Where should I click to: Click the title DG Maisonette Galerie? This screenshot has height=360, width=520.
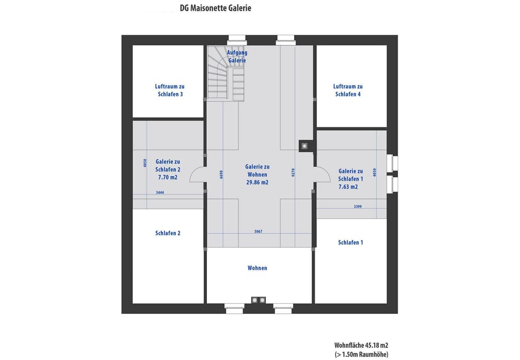pyautogui.click(x=216, y=8)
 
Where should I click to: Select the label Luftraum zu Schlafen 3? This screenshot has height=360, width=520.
pyautogui.click(x=170, y=90)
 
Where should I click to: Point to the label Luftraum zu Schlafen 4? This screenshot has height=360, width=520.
pyautogui.click(x=348, y=90)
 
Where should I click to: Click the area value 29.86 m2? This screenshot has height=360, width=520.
pyautogui.click(x=257, y=183)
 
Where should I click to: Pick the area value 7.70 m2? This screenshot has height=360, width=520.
pyautogui.click(x=167, y=177)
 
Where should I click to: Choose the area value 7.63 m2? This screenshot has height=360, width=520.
pyautogui.click(x=348, y=187)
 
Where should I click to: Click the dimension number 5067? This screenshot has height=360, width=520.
pyautogui.click(x=258, y=232)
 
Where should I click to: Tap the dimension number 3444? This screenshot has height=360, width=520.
pyautogui.click(x=160, y=192)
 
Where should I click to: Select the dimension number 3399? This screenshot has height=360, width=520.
pyautogui.click(x=357, y=207)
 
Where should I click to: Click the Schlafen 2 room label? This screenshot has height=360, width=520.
pyautogui.click(x=168, y=233)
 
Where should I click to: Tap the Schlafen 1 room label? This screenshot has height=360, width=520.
pyautogui.click(x=350, y=242)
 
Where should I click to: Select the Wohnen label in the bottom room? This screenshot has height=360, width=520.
pyautogui.click(x=257, y=268)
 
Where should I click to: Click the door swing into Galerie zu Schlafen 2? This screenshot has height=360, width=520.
pyautogui.click(x=197, y=175)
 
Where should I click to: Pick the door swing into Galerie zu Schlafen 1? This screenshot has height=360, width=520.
pyautogui.click(x=323, y=175)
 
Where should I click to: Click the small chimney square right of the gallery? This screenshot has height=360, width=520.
pyautogui.click(x=305, y=145)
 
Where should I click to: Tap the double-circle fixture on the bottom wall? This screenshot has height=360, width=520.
pyautogui.click(x=258, y=300)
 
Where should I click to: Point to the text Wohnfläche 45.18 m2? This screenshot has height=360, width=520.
pyautogui.click(x=361, y=345)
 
